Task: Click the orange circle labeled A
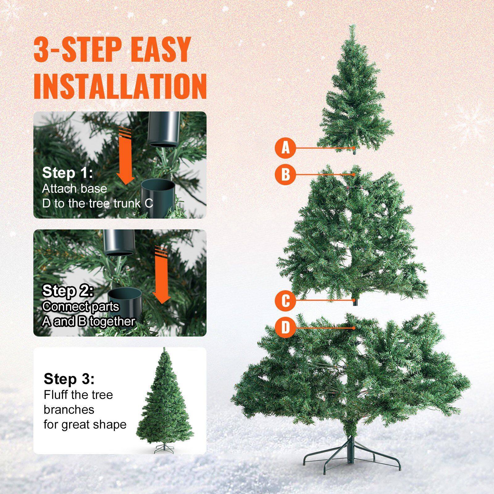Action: click(286, 148)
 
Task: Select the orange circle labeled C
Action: click(286, 300)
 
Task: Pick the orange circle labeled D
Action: click(286, 328)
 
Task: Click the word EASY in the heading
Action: click(160, 49)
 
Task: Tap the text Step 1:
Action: click(67, 173)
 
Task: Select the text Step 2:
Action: click(68, 291)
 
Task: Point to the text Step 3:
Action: click(69, 379)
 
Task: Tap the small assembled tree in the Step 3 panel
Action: click(164, 401)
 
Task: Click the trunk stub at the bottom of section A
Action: click(354, 151)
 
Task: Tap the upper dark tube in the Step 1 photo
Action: click(164, 128)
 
